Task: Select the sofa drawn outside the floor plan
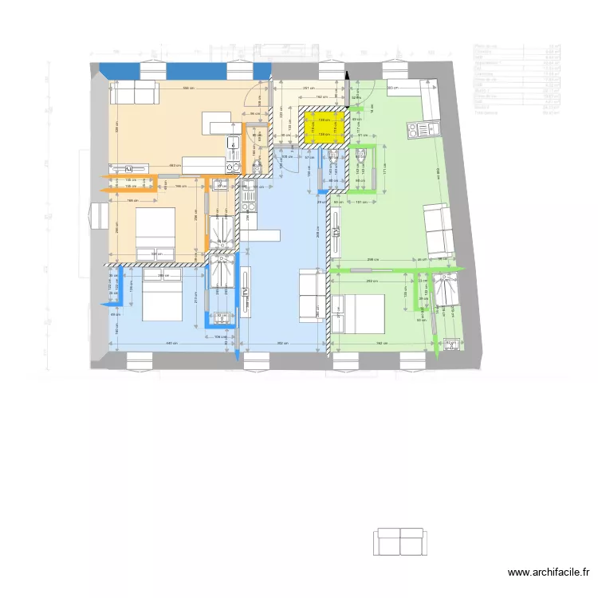399,541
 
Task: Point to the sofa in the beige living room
134,92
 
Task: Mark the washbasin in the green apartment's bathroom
451,344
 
